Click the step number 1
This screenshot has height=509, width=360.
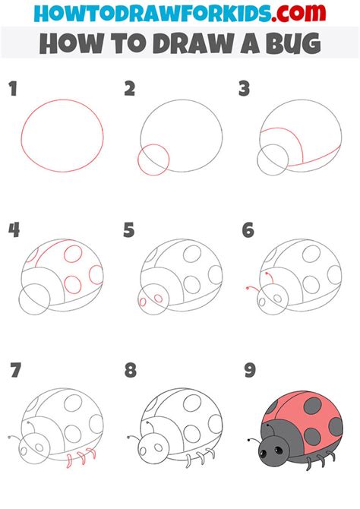[x=13, y=89]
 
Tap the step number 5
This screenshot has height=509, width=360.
[x=129, y=230]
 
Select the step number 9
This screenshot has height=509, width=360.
[x=250, y=371]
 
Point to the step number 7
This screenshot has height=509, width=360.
[x=16, y=371]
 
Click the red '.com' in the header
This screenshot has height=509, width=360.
[x=298, y=12]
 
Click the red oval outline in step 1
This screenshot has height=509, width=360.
[x=21, y=136]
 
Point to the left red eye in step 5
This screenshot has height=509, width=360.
[x=143, y=302]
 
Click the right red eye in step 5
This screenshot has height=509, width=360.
[x=159, y=299]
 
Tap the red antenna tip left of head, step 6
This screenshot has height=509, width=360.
[x=248, y=288]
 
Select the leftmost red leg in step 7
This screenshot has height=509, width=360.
[x=69, y=461]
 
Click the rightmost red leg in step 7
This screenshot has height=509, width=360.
[x=93, y=454]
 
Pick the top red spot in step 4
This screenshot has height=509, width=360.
[x=73, y=254]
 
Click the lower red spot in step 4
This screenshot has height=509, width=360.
[x=73, y=284]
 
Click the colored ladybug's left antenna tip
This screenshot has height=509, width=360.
[x=248, y=440]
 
